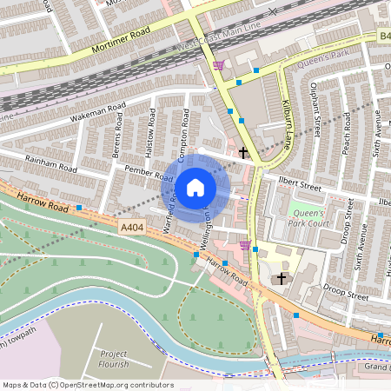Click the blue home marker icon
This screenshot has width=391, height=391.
point(195,187)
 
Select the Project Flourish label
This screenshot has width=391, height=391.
point(114,360)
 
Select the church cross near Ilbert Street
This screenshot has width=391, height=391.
point(243,154)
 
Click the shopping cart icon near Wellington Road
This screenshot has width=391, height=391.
point(245,245)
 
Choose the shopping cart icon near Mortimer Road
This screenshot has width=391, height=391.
point(217,64)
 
